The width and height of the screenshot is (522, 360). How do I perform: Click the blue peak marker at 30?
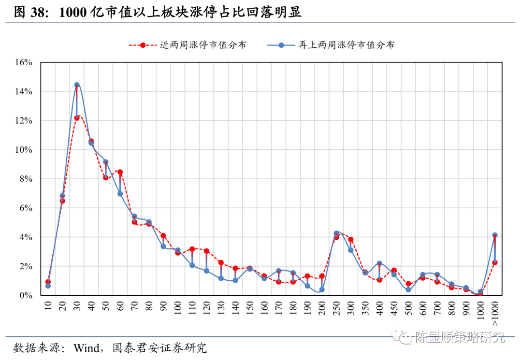pos(77,85)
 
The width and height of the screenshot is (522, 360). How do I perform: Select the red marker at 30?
pos(77,118)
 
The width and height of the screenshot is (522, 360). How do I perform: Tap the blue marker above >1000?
pos(495,235)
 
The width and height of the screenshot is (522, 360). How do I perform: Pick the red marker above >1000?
pos(495,262)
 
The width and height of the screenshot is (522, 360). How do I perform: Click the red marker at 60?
pos(120,172)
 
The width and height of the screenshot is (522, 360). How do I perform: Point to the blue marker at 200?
pos(322,290)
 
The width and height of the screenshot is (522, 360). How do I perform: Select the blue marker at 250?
pos(336,233)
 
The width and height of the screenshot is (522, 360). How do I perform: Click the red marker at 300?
pos(351,240)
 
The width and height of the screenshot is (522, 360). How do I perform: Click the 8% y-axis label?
pos(25,179)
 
